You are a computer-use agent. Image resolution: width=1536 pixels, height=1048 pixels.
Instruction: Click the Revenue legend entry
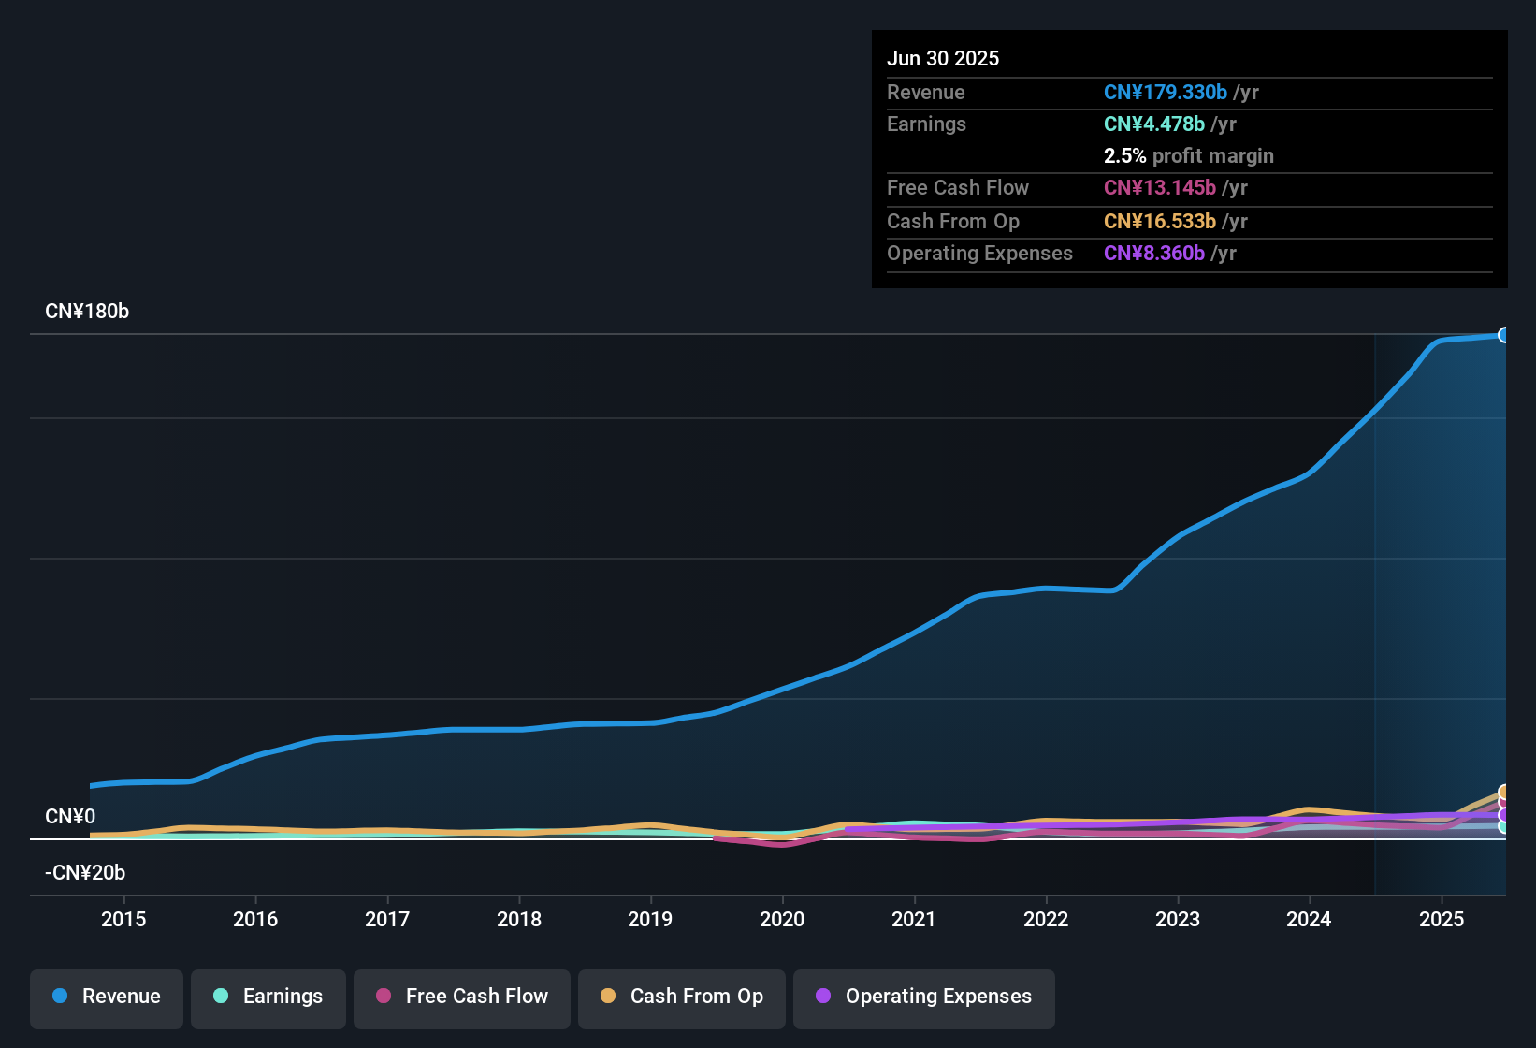click(107, 997)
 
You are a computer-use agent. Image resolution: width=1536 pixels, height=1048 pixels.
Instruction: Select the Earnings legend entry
click(268, 997)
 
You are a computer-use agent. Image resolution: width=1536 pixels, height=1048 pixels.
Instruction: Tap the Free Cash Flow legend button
click(462, 997)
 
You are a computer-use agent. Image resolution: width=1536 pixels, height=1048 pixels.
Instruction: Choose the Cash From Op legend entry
click(682, 997)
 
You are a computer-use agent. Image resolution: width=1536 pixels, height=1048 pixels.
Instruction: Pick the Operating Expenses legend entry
click(924, 997)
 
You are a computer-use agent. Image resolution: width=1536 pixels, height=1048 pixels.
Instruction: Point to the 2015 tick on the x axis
click(123, 919)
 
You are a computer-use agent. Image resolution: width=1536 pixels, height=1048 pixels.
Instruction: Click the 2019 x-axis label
click(650, 919)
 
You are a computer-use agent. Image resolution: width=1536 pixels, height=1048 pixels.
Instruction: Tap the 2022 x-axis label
click(1046, 919)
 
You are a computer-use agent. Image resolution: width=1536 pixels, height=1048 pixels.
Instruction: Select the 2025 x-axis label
click(1442, 919)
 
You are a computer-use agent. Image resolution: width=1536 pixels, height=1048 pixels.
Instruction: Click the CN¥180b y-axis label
click(87, 312)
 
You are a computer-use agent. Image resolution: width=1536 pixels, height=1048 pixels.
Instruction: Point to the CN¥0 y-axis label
click(70, 816)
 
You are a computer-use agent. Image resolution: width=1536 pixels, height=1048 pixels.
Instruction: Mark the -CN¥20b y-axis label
click(85, 872)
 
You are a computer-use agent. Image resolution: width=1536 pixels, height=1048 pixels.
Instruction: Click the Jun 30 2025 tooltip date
click(943, 58)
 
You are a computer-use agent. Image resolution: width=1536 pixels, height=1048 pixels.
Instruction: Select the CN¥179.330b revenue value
click(1166, 92)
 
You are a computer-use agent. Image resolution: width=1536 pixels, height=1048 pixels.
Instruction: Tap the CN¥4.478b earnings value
click(1154, 124)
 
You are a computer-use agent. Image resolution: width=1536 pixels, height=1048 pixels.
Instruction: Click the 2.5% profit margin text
click(1188, 155)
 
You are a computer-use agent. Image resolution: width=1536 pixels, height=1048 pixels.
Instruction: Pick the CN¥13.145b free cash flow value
click(1160, 187)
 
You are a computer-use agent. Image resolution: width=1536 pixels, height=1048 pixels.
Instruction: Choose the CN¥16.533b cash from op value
click(1160, 221)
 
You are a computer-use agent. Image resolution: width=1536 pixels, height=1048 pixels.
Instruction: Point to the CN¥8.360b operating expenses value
click(1154, 253)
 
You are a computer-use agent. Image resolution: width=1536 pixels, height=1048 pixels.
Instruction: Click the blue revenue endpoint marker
click(1504, 335)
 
